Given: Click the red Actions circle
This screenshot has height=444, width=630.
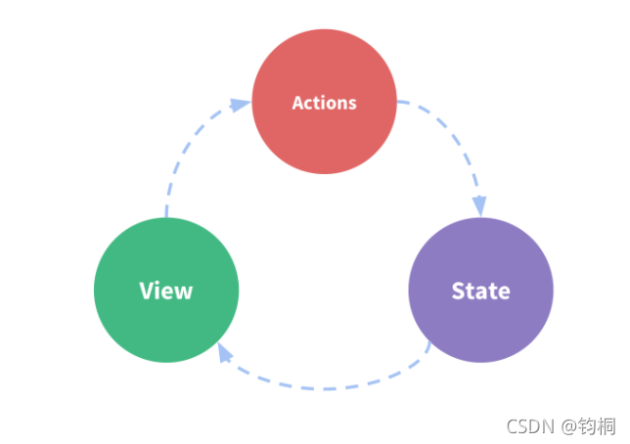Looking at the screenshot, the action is coord(324,102).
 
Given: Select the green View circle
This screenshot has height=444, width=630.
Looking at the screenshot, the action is coord(166,289).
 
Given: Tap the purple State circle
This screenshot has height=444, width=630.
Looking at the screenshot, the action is coord(481,289).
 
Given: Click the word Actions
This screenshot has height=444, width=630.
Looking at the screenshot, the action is coord(324,103).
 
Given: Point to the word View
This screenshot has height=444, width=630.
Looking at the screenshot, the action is coord(166,290).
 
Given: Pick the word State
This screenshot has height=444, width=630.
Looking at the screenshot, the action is coord(481,290).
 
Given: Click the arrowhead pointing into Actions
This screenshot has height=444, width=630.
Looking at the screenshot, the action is coord(241,105).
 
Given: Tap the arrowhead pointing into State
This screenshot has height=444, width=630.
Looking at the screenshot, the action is coord(479,206).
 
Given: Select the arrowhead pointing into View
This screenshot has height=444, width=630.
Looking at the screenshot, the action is coord(224,352).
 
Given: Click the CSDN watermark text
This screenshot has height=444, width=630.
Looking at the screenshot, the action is coord(530,426).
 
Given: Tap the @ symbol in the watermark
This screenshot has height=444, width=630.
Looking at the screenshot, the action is coord(569,426).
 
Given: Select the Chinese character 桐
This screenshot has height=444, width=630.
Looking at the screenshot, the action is coord(607,426).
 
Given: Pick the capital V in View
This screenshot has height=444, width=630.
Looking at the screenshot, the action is coord(147,290).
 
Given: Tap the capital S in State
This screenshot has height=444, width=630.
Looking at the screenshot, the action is coord(458,290).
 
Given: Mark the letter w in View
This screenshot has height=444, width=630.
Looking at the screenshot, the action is coord(183,293).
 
